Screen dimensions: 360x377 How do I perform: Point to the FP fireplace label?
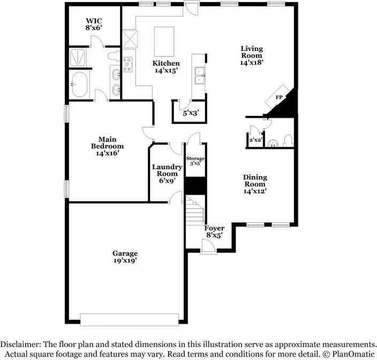point(279,97)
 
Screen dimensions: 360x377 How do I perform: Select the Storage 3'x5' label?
point(195,161)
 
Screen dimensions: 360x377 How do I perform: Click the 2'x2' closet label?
point(255,140)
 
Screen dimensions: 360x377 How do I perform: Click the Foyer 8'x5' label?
point(214,231)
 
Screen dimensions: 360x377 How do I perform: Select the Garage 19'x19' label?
point(125,257)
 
